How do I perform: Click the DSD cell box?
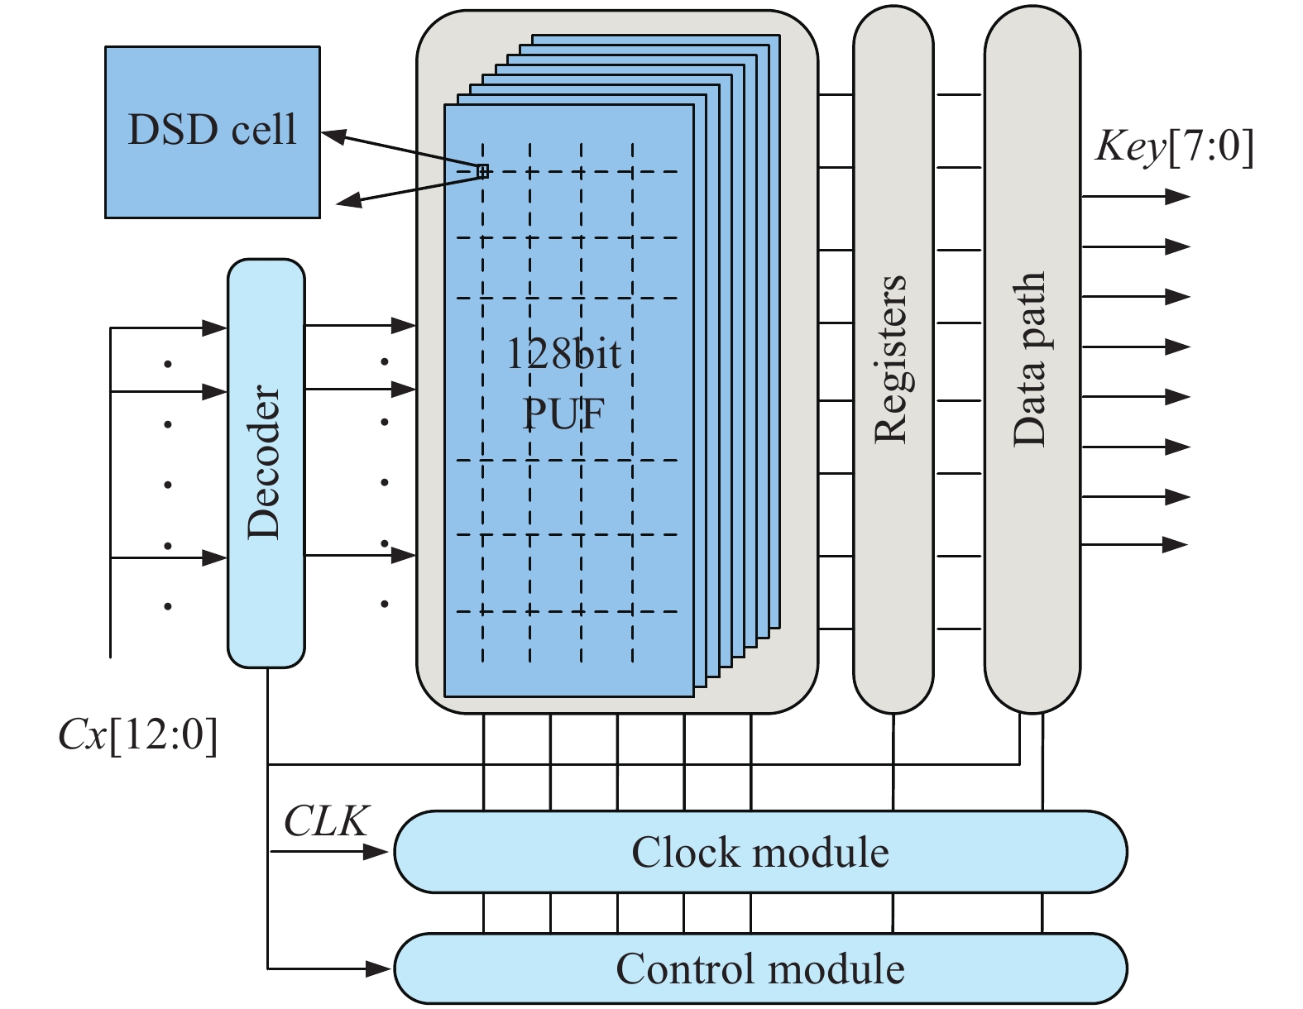point(212,132)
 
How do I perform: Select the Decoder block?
point(266,463)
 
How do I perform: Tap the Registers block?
point(893,361)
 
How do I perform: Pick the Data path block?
point(1032,361)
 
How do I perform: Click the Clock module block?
point(759,852)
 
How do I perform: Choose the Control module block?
point(759,968)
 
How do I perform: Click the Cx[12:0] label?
point(138,734)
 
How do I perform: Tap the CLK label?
point(326,821)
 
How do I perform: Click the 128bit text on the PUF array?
point(563,355)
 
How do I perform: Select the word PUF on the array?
point(563,413)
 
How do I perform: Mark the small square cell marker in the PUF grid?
point(483,171)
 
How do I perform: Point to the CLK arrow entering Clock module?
point(376,852)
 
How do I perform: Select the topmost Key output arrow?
point(1176,197)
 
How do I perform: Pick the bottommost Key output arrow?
point(1175,544)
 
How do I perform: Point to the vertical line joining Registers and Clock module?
point(893,761)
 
